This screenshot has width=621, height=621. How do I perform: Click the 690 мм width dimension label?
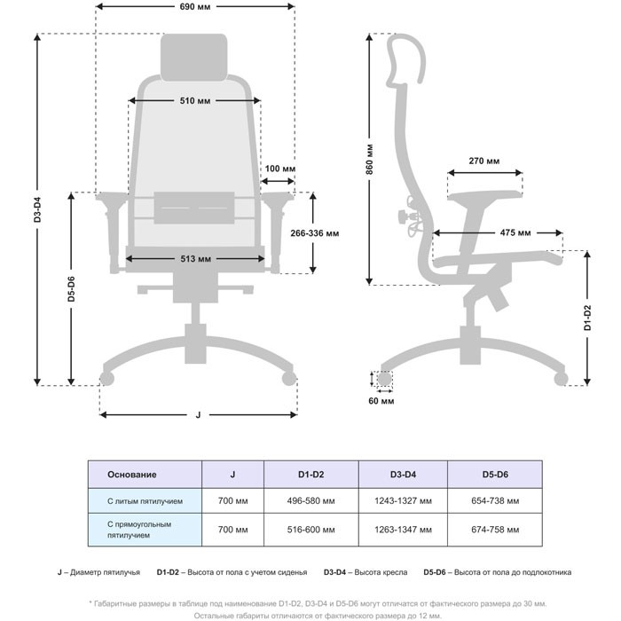tap(195, 7)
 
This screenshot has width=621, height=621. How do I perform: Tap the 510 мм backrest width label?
tap(195, 100)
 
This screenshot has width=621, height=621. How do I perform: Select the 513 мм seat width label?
tap(196, 259)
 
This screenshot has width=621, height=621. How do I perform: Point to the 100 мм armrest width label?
tap(280, 169)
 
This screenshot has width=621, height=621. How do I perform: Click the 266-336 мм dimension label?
tap(314, 233)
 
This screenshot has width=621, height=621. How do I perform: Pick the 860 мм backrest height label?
tap(369, 159)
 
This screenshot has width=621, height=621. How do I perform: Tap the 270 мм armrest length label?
tap(484, 161)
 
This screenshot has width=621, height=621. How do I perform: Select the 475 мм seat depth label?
tap(515, 232)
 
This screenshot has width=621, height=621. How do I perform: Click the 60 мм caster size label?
tap(381, 401)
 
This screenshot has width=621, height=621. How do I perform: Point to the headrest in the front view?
tap(194, 58)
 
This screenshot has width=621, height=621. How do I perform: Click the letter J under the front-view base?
tap(198, 414)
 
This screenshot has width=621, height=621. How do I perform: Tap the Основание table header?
tap(132, 475)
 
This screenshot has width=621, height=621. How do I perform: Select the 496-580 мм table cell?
tap(310, 501)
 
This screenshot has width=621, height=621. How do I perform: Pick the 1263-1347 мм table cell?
tap(403, 530)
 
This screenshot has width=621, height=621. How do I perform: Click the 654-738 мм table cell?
tap(495, 501)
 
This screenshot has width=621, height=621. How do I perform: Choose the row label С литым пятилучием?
tap(145, 501)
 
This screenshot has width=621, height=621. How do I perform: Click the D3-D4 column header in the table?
tap(403, 475)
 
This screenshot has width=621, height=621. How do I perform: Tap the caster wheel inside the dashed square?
tap(384, 379)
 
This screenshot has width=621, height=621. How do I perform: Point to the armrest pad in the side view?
tap(484, 195)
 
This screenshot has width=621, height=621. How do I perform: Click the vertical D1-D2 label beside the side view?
tap(587, 318)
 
